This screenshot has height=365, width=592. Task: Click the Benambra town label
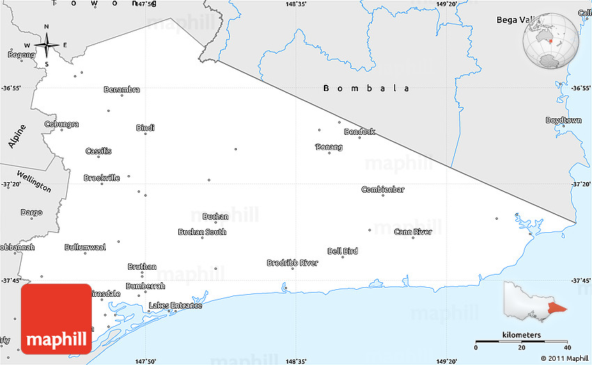[x=122, y=89]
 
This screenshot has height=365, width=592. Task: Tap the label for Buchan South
[x=202, y=232]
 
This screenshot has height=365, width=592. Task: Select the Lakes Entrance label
[x=176, y=305]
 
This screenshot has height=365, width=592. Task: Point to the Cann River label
[x=413, y=232]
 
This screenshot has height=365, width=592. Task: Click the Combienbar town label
[x=383, y=189]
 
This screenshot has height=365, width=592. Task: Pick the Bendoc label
[x=360, y=131]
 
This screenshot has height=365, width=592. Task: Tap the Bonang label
[x=329, y=147]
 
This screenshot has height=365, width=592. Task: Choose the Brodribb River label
[x=293, y=263]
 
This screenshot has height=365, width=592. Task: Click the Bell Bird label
[x=343, y=251]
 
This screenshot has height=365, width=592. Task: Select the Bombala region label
[x=366, y=88]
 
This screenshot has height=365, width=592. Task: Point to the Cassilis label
[x=98, y=151]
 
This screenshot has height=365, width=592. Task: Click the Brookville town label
[x=102, y=178]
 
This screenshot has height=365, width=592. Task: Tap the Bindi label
[x=146, y=128]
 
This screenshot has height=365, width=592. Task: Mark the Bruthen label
[x=142, y=266]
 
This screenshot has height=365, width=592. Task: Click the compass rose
[x=47, y=47]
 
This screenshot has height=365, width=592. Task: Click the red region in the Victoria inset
[x=557, y=308]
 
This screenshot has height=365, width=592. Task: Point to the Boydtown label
[x=563, y=120]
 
